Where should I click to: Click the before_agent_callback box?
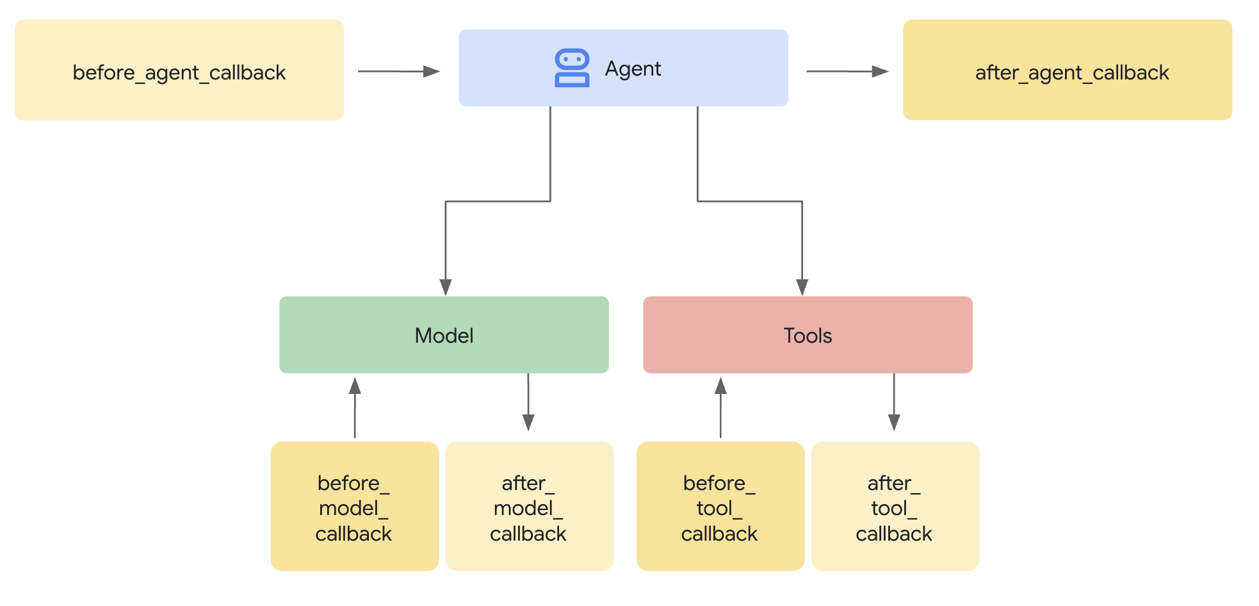tap(179, 70)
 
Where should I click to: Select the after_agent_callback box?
tap(1068, 70)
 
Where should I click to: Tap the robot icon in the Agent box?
tap(572, 68)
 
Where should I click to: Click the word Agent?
tap(633, 69)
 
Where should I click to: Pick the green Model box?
tap(444, 335)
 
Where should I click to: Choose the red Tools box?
tap(808, 335)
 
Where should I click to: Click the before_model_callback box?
tap(354, 507)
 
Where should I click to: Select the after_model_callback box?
tap(529, 507)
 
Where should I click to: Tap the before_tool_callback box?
tap(720, 507)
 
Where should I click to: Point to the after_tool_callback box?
tap(895, 507)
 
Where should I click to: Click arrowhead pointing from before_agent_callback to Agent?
tap(432, 72)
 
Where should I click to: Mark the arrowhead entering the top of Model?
tap(446, 287)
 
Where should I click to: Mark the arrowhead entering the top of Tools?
tap(802, 287)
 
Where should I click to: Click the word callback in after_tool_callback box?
tap(894, 534)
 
